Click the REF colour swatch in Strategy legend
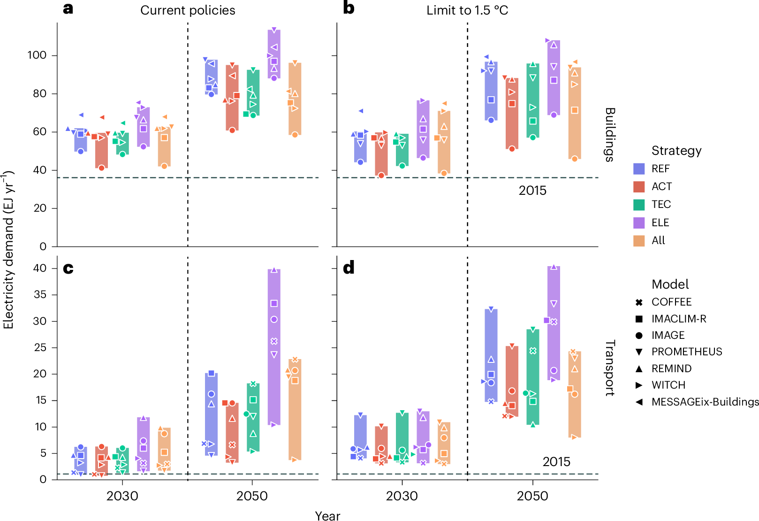pyautogui.click(x=639, y=169)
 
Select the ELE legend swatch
pyautogui.click(x=639, y=222)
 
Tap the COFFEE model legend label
pyautogui.click(x=671, y=302)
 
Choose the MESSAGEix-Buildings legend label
pyautogui.click(x=705, y=402)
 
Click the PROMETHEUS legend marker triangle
pyautogui.click(x=639, y=352)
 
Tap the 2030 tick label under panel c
pyautogui.click(x=122, y=496)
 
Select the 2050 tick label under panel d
pyautogui.click(x=532, y=496)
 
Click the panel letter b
pyautogui.click(x=349, y=8)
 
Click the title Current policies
pyautogui.click(x=188, y=10)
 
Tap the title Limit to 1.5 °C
pyautogui.click(x=467, y=10)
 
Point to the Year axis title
pyautogui.click(x=327, y=516)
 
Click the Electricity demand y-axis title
pyautogui.click(x=8, y=249)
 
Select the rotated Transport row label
pyautogui.click(x=609, y=368)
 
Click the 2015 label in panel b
pyautogui.click(x=532, y=191)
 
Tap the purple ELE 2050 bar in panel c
pyautogui.click(x=274, y=347)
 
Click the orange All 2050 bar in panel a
pyautogui.click(x=295, y=99)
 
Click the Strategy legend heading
pyautogui.click(x=676, y=151)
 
